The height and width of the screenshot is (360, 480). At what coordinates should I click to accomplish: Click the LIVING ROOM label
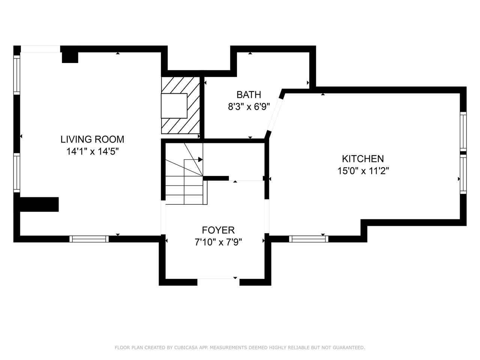(x=92, y=139)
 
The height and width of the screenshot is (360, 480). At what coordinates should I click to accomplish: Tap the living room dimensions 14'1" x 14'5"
(x=93, y=151)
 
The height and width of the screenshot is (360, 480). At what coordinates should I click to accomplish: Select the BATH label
(x=249, y=95)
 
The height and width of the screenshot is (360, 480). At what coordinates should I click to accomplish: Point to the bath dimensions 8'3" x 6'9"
(x=249, y=107)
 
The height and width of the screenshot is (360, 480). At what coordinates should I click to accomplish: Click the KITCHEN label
(x=363, y=159)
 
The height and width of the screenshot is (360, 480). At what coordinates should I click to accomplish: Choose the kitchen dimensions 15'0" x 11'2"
(x=363, y=171)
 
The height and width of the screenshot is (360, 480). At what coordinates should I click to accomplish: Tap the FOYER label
(x=218, y=230)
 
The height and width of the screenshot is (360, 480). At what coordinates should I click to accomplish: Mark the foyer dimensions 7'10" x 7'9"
(x=218, y=242)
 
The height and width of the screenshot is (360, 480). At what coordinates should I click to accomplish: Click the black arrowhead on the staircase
(x=200, y=160)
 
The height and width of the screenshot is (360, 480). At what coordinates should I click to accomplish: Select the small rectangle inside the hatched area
(x=174, y=106)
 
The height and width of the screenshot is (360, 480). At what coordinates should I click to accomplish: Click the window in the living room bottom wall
(x=89, y=239)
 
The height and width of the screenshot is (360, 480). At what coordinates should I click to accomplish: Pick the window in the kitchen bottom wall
(x=309, y=239)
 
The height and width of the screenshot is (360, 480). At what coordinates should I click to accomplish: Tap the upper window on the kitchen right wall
(x=463, y=131)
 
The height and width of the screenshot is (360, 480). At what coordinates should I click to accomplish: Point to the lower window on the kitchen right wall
(x=463, y=174)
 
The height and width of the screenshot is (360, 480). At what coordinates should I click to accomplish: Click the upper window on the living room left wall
(x=17, y=75)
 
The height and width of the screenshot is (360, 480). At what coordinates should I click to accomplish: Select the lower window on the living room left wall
(x=17, y=172)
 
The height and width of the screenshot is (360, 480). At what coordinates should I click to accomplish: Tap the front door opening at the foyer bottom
(x=219, y=282)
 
